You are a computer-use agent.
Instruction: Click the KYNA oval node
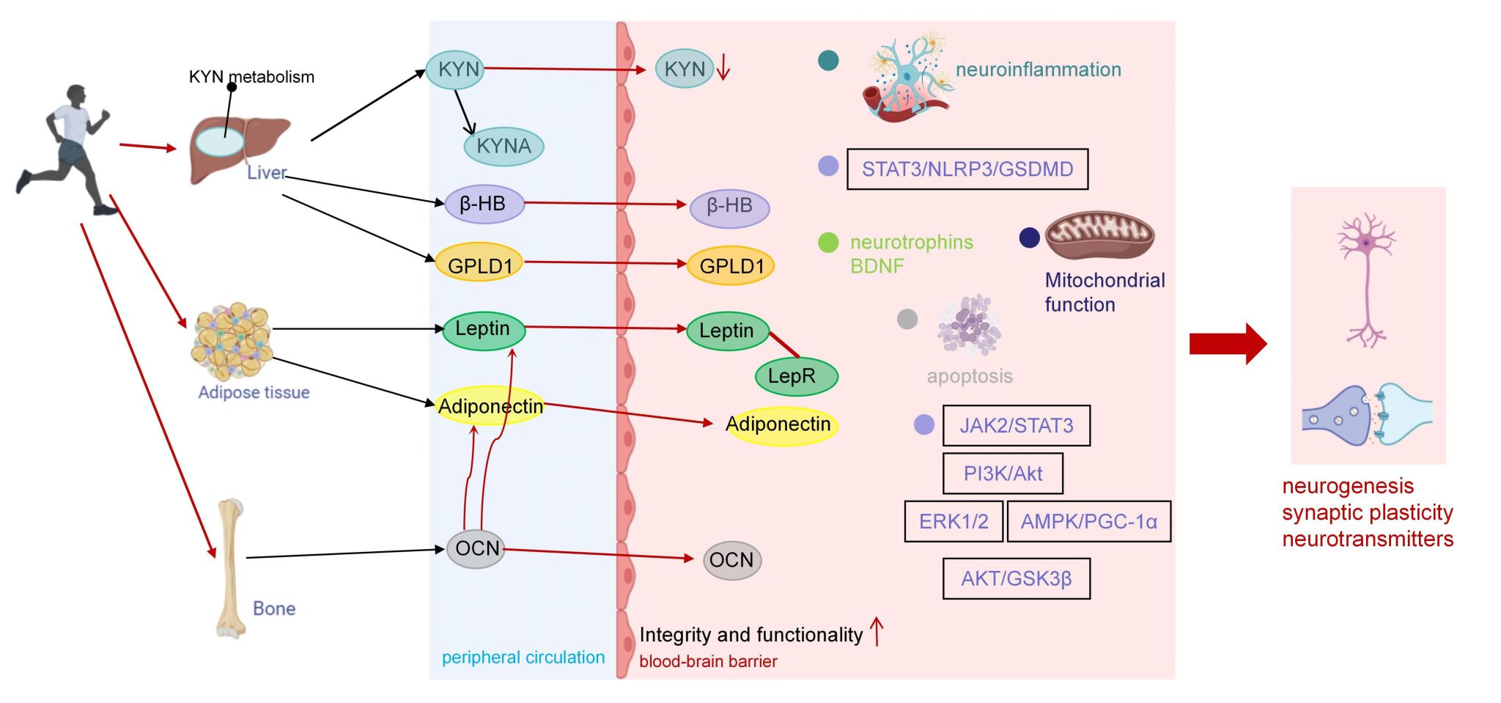click(x=504, y=146)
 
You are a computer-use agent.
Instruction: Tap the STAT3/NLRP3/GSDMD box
click(x=967, y=169)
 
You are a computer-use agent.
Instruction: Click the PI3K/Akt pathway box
click(x=1002, y=474)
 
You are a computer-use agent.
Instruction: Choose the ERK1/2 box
click(x=953, y=521)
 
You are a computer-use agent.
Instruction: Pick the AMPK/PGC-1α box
click(x=1088, y=521)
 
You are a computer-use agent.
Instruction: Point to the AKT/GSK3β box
click(x=1016, y=578)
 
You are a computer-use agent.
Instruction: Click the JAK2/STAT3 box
click(x=1016, y=426)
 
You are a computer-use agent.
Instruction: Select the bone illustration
click(x=231, y=568)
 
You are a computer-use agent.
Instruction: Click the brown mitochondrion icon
click(x=1099, y=236)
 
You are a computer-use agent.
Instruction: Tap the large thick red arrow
click(x=1227, y=343)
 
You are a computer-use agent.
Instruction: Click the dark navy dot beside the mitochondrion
click(x=1030, y=238)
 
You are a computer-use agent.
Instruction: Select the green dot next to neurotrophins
click(x=828, y=242)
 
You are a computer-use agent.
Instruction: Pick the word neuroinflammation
click(x=1038, y=70)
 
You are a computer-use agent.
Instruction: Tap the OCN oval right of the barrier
click(x=731, y=561)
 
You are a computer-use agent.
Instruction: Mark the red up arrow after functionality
click(x=877, y=631)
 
